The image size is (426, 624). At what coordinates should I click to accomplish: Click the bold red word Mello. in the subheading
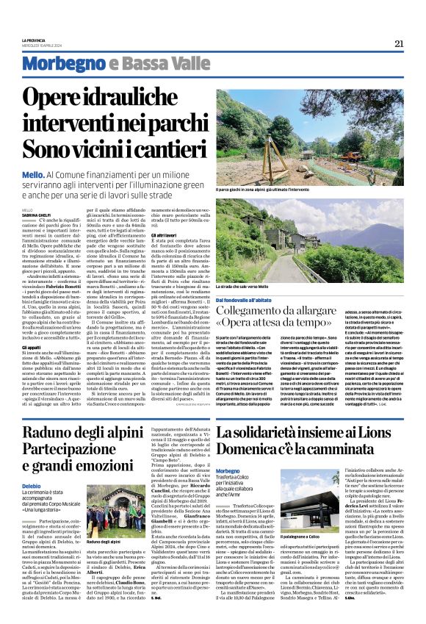pos(34,176)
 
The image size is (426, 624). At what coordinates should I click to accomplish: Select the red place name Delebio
pos(32,466)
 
